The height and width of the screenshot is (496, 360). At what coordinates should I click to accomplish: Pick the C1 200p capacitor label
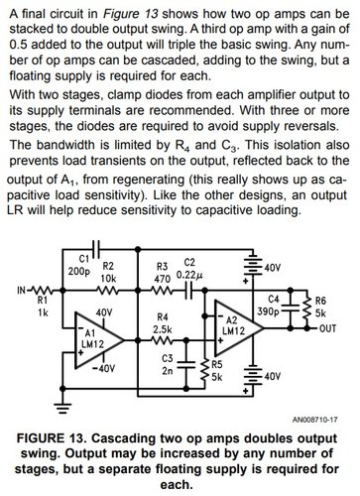click(81, 265)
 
